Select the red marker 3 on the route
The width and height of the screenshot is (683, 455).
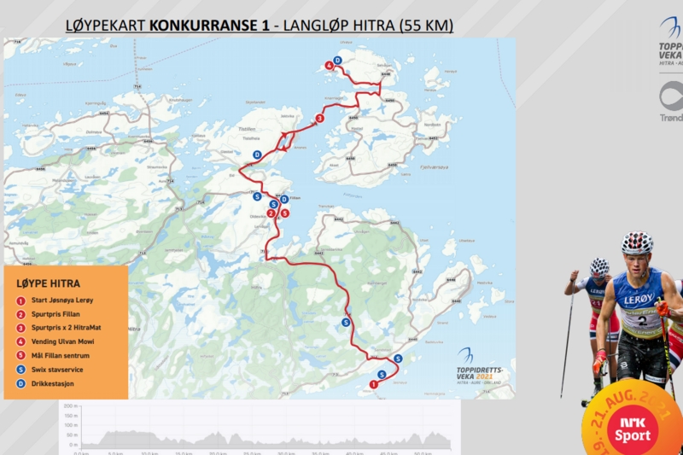[319, 118]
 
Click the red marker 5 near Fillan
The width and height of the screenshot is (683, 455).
[284, 213]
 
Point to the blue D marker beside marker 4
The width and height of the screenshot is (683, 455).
[337, 60]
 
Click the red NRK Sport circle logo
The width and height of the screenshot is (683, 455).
[631, 428]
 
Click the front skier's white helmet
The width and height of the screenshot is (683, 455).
[636, 242]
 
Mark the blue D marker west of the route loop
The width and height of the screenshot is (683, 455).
[258, 155]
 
